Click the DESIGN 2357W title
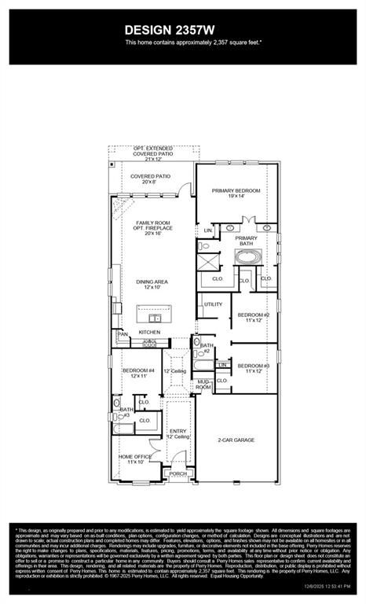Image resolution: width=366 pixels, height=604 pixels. (182, 28)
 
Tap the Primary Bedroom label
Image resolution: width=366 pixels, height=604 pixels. (236, 193)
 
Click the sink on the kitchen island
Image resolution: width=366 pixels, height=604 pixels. (156, 318)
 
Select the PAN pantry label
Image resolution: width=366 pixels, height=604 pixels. (123, 334)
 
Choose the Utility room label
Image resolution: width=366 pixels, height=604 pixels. (213, 304)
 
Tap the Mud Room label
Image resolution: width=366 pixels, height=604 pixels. (203, 385)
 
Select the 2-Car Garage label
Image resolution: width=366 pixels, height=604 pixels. (236, 440)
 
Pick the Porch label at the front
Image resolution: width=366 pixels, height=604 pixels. (178, 473)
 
